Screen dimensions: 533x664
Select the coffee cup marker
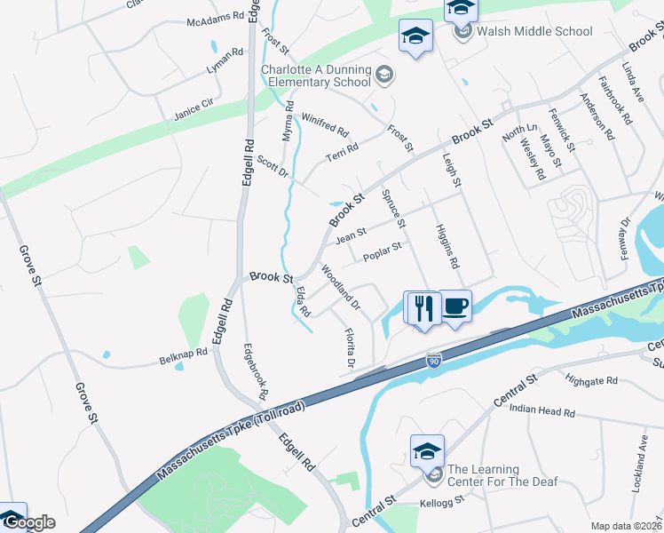coord(455,307)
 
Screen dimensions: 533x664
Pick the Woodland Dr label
coord(340,286)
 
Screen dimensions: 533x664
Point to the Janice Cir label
coord(194,110)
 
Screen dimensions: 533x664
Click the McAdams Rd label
coord(215,17)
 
